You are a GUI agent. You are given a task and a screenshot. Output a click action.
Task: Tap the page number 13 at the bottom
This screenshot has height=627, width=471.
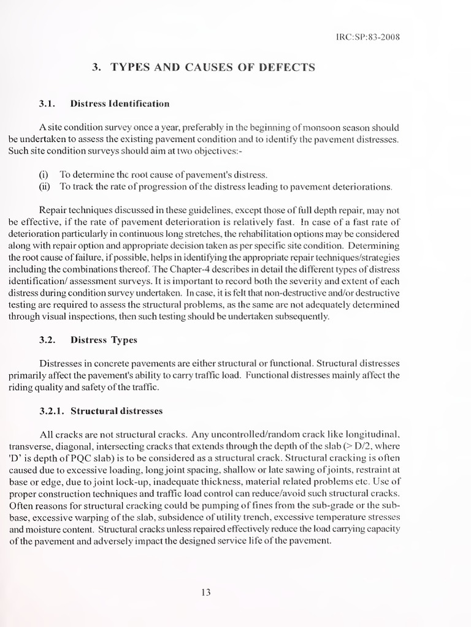tap(206, 591)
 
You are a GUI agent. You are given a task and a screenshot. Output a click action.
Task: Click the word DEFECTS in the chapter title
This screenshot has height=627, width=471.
tap(286, 67)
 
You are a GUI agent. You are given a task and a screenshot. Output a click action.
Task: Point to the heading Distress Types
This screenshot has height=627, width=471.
tap(104, 339)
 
